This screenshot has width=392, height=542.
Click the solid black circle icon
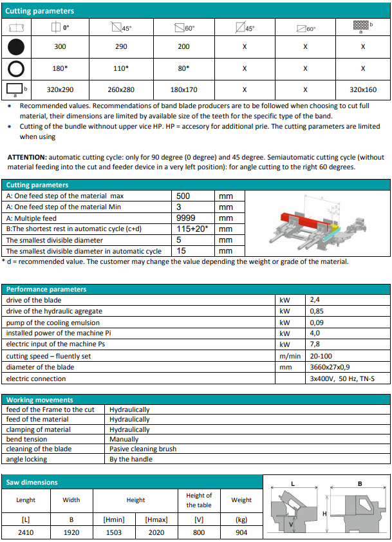tap(17, 46)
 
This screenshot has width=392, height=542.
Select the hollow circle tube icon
tap(17, 68)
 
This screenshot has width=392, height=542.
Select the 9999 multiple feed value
tap(187, 218)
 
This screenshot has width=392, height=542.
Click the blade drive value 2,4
tap(315, 300)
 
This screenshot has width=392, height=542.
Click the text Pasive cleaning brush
tap(142, 449)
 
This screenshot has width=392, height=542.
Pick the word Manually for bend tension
tap(124, 439)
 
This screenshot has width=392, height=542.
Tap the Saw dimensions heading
tap(32, 482)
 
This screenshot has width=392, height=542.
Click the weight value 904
tap(241, 532)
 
